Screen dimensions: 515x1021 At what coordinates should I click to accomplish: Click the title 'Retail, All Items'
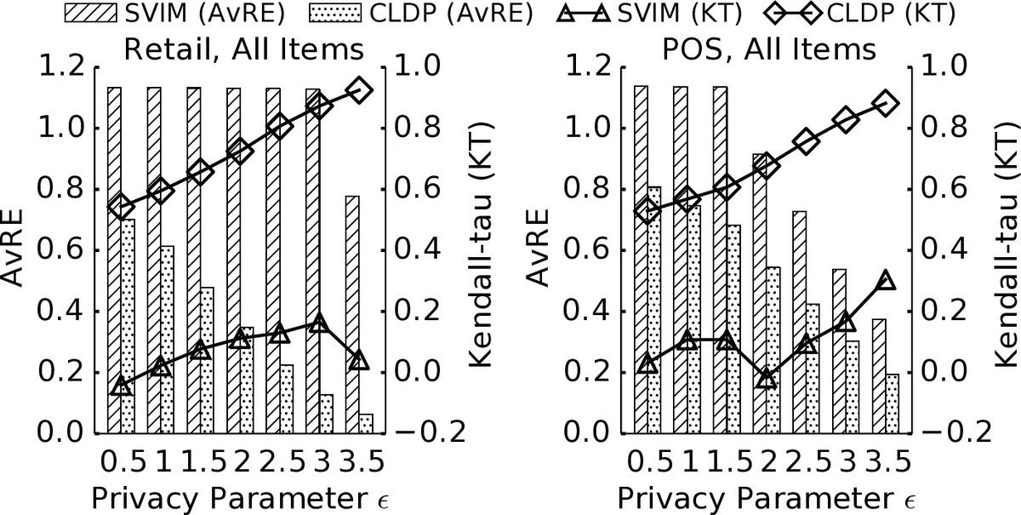tap(243, 49)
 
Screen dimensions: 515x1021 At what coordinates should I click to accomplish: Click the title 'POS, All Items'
tap(769, 49)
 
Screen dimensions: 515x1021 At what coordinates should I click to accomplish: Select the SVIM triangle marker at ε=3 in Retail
tap(319, 323)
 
